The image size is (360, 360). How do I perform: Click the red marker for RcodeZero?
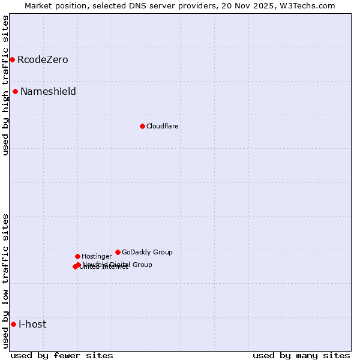(12, 59)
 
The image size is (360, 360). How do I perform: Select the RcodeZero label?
(43, 60)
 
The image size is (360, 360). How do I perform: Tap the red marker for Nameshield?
(15, 91)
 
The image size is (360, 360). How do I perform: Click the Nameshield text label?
(48, 92)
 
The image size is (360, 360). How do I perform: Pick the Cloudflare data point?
(142, 126)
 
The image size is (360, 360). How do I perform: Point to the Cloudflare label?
(162, 127)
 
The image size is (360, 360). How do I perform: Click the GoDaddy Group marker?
(118, 252)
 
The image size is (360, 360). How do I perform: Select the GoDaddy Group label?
(147, 253)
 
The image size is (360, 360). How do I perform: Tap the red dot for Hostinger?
(77, 256)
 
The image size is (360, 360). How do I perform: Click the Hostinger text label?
(97, 257)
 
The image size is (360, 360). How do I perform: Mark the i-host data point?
(13, 324)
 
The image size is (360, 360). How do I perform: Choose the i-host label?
(32, 325)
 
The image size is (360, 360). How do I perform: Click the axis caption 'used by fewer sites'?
(62, 355)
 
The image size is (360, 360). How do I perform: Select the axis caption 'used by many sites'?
(301, 355)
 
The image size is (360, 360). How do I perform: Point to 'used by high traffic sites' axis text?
(5, 85)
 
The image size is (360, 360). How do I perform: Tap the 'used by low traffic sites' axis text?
(5, 281)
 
